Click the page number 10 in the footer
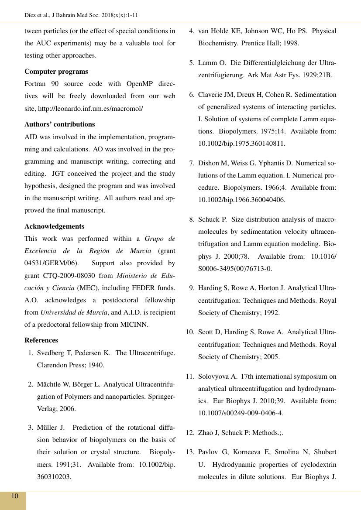click(x=14, y=496)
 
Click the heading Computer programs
click(x=56, y=72)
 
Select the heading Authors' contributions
click(x=59, y=124)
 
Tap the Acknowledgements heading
click(x=54, y=226)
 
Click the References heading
click(x=41, y=340)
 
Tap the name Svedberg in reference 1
click(x=50, y=353)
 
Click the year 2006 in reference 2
click(x=67, y=409)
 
